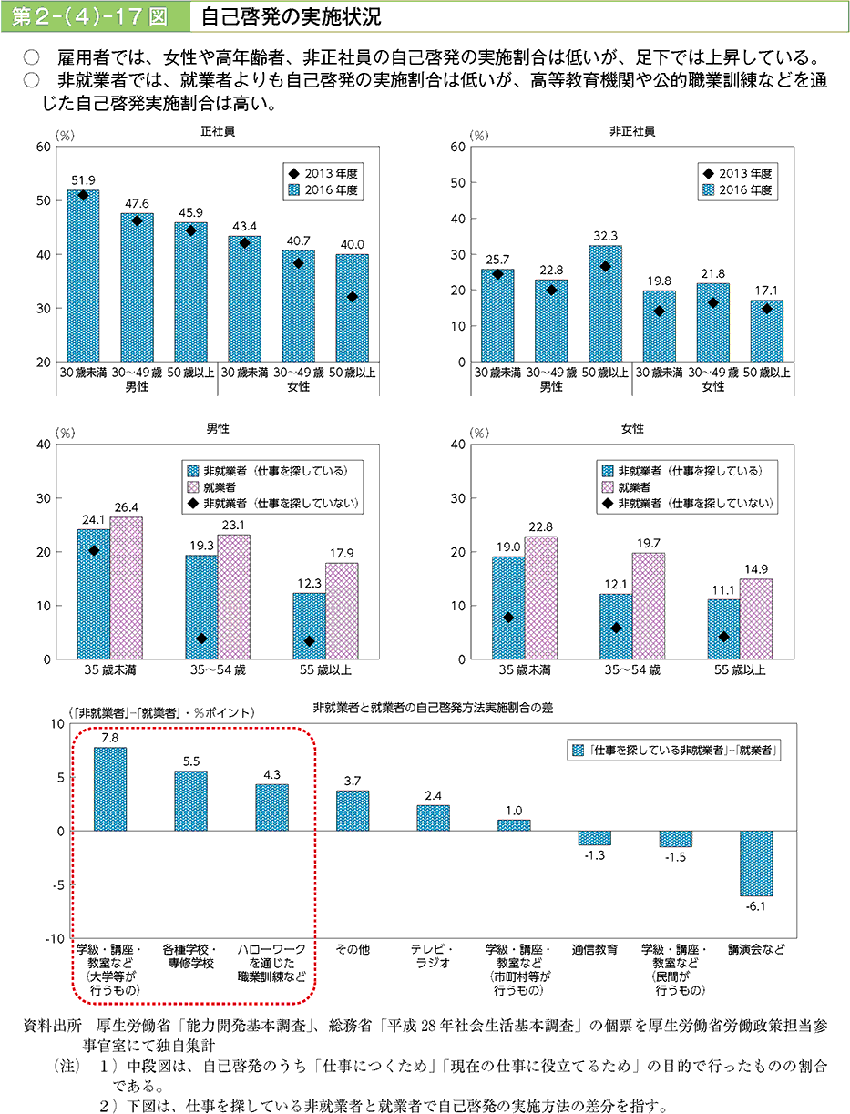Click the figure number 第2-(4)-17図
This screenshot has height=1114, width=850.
click(93, 15)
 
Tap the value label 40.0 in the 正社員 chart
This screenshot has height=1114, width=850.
click(352, 244)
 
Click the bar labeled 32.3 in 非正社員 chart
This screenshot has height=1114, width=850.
click(605, 303)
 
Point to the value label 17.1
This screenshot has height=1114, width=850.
click(766, 291)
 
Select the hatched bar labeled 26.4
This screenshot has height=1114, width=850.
click(127, 588)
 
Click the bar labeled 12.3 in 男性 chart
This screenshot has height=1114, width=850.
click(309, 626)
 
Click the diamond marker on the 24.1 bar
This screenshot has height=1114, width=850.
click(93, 550)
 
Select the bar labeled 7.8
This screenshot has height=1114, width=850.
click(110, 789)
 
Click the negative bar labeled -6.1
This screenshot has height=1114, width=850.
click(756, 863)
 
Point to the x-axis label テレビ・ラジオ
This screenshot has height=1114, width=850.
click(432, 956)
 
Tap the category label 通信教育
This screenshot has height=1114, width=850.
click(594, 949)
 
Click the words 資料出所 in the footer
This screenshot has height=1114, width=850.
click(53, 1026)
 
